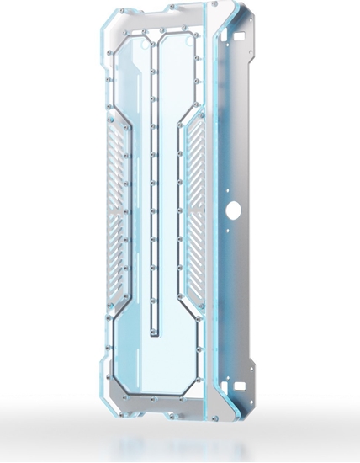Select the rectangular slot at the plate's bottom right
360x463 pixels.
[x=240, y=386]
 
